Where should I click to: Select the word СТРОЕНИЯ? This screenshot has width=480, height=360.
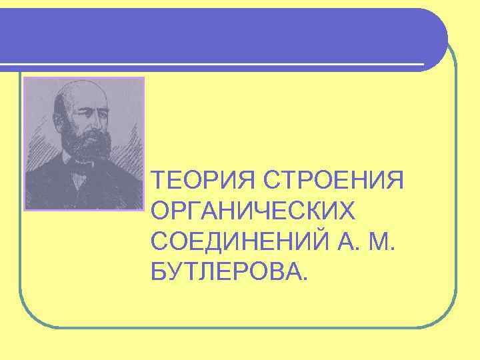click(335, 180)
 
